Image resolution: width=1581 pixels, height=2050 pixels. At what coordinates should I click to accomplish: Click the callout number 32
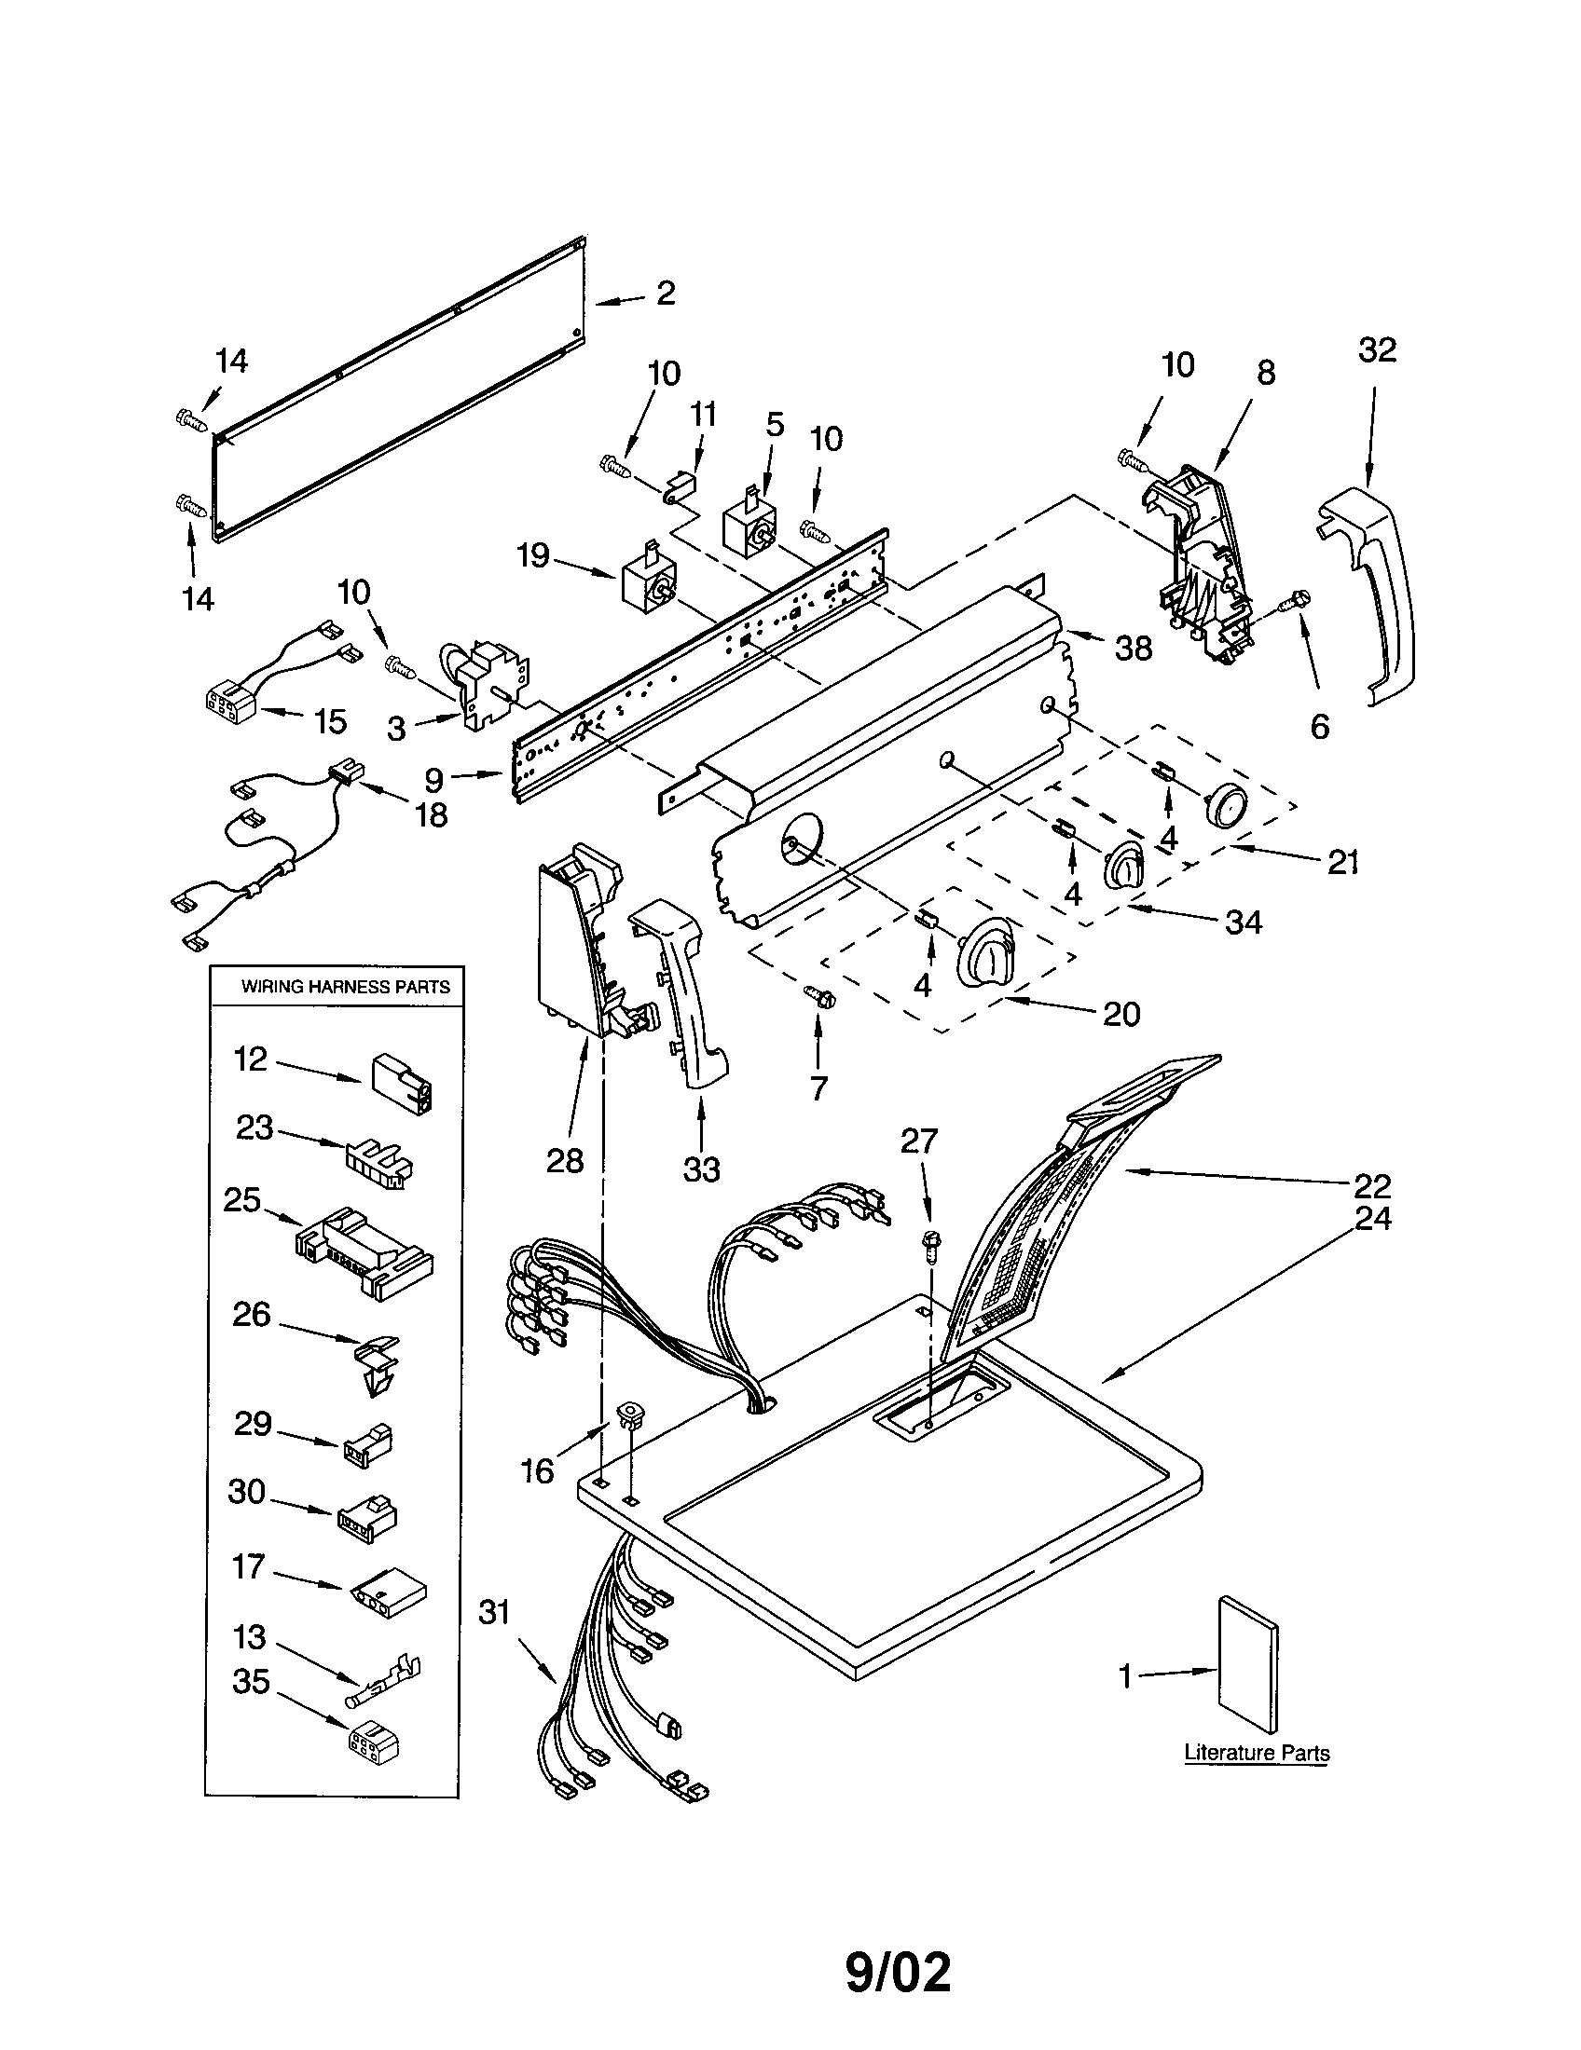point(1377,350)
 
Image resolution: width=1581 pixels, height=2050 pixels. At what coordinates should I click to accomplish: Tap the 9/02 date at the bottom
point(898,1973)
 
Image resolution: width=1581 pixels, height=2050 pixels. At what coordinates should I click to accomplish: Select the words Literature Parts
point(1257,1753)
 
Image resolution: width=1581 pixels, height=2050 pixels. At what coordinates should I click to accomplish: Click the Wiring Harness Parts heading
point(346,987)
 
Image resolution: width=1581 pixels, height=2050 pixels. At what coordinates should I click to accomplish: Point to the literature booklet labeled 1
point(1246,1664)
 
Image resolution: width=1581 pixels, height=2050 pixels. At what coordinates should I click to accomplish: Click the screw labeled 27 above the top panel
point(931,1243)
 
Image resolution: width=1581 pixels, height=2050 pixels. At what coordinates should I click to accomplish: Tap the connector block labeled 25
point(364,1253)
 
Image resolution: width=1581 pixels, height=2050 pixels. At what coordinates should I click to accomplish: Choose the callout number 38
point(1134,649)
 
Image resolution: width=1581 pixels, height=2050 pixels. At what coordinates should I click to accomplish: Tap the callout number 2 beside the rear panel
point(666,294)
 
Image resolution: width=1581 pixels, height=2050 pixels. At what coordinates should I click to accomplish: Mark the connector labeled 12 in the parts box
point(402,1083)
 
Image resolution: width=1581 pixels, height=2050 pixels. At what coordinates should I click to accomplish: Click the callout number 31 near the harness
point(494,1613)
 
